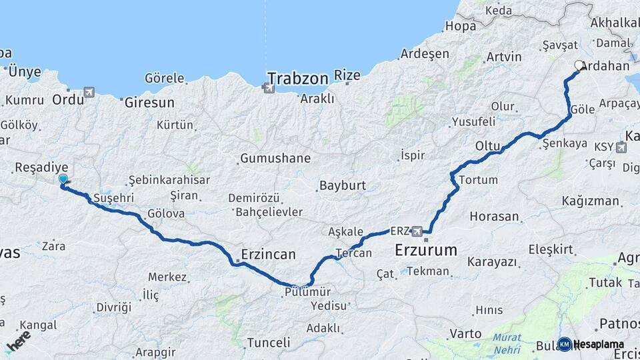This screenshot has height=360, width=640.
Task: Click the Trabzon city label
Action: click(298, 79)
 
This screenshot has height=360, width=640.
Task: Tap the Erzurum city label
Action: click(426, 251)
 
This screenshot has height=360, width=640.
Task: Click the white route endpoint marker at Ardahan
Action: click(579, 65)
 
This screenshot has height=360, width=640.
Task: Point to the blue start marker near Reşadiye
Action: click(63, 179)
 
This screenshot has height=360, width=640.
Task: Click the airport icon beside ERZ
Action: click(417, 231)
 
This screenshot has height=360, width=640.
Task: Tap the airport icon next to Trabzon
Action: click(269, 88)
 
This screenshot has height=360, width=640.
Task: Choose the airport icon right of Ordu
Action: click(90, 93)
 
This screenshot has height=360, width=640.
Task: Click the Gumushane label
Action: click(275, 159)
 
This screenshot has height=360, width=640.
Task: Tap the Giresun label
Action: click(149, 103)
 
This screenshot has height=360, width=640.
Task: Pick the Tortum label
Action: click(479, 180)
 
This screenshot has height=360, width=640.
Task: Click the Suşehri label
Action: click(113, 198)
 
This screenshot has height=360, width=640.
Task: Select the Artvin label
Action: click(503, 57)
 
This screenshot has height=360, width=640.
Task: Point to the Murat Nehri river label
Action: click(508, 343)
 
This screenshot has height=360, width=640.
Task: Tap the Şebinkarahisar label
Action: click(169, 180)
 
